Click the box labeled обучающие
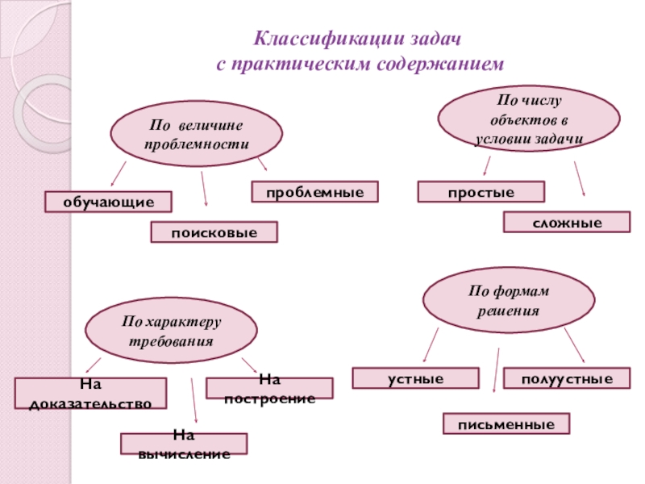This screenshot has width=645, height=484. coord(108,202)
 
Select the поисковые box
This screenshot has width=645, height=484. coord(214,232)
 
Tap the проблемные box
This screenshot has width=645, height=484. coord(314,192)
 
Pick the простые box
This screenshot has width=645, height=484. coord(481,192)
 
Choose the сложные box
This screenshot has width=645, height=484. coord(567,223)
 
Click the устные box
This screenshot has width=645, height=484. coord(416,378)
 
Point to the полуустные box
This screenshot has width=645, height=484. coord(567,378)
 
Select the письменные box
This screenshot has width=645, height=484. coord(506,424)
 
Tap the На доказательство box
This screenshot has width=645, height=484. coord(90,394)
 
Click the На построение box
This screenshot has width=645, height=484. coord(269,389)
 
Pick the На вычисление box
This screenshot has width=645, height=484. coord(184,444)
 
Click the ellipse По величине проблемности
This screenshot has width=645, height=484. coord(197,134)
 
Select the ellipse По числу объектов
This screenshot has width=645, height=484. coord(529,119)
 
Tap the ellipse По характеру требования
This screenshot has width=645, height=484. coord(172,331)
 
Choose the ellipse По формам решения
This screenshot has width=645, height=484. coord(509,299)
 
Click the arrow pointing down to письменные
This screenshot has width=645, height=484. coord(497,370)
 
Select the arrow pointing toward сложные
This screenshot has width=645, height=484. coord(580,178)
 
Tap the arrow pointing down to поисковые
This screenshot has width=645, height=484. coord(204,189)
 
